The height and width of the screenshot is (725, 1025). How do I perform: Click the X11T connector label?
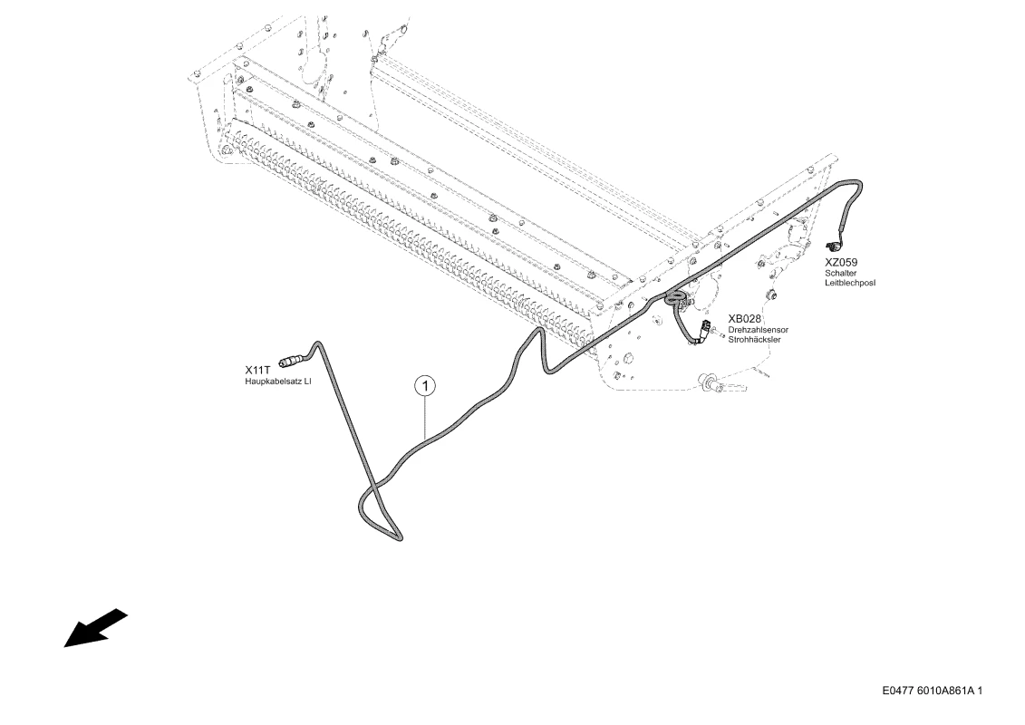[x=256, y=370]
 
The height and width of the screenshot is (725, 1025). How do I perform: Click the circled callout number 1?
[x=426, y=386]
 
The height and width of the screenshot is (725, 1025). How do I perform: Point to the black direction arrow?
[x=95, y=628]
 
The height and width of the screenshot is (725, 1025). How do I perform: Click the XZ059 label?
[x=841, y=263]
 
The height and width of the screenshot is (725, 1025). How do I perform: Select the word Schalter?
[x=841, y=274]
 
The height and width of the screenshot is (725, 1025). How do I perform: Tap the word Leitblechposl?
[x=850, y=283]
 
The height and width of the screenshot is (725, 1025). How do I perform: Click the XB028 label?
[x=745, y=319]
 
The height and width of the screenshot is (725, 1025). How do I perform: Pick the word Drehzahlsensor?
[x=759, y=330]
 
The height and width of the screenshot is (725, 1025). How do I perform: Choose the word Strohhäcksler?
[x=754, y=340]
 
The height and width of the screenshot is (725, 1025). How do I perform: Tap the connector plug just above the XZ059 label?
[x=834, y=246]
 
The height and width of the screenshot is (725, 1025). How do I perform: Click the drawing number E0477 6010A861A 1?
[x=933, y=691]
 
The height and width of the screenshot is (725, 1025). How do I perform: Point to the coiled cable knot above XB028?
[x=675, y=299]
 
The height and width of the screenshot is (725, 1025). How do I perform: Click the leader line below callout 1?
[x=426, y=418]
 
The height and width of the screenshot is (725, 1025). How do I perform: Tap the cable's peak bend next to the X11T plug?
[x=318, y=343]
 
